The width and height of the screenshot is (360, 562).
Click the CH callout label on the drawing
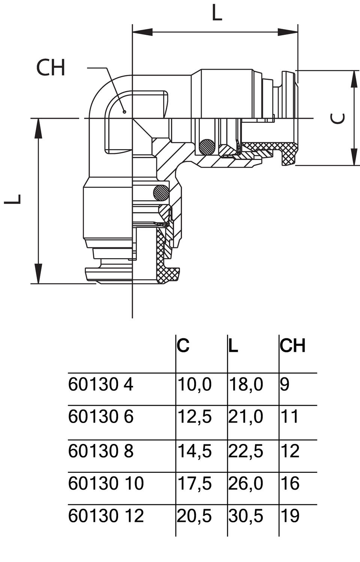click(51, 68)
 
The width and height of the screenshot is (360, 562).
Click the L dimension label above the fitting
click(217, 13)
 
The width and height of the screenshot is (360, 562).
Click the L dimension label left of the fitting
click(13, 199)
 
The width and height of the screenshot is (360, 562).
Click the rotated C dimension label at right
click(338, 118)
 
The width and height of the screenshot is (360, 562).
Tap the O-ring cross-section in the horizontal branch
click(207, 146)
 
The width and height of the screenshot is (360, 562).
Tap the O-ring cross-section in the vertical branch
click(161, 193)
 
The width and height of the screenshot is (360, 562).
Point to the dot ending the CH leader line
click(124, 111)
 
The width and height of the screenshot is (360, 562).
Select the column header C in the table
click(183, 345)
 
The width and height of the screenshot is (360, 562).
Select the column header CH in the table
click(292, 345)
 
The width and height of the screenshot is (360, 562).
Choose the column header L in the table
click(233, 345)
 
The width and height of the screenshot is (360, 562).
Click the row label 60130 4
click(100, 385)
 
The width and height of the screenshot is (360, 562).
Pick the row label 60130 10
click(106, 483)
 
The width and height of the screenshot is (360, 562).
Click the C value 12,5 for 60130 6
click(194, 417)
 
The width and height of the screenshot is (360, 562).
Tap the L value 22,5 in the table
click(246, 451)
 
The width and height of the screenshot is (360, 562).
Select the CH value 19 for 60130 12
click(290, 516)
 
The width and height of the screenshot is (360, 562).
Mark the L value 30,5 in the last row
click(246, 516)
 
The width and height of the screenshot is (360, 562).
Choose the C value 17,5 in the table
click(194, 483)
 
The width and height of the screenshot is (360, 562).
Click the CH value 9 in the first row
click(285, 385)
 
